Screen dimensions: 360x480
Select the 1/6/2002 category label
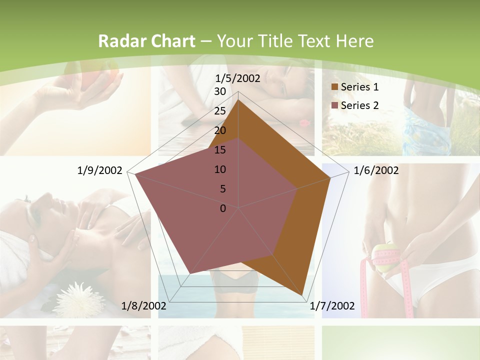coord(376,170)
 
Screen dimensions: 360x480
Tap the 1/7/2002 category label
coord(332,305)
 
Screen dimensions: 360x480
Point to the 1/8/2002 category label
coord(144,305)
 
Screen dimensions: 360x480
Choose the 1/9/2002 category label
coord(100,170)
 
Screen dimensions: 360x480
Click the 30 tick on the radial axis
coord(220,91)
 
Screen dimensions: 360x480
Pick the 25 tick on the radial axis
coord(220,111)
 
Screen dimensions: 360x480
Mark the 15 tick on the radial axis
coord(220,150)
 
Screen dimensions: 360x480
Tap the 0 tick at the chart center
coord(223,208)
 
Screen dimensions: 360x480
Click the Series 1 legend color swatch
coord(334,87)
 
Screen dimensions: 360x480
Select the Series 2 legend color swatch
coord(334,105)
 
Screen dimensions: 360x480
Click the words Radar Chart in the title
coord(146,41)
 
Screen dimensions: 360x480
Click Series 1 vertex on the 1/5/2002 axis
coord(238,100)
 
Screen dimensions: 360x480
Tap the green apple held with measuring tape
coord(383,257)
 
